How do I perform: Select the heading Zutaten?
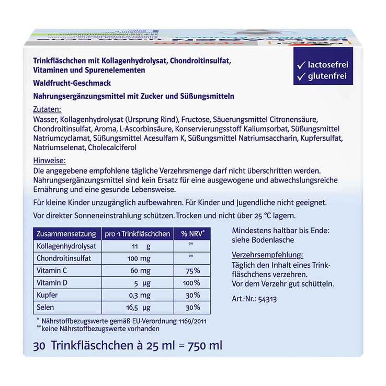click(x=47, y=110)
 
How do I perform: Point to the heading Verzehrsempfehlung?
click(x=267, y=255)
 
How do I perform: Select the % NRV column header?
click(x=192, y=233)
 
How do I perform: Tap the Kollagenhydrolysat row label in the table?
click(x=66, y=246)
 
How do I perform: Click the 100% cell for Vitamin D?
click(x=192, y=283)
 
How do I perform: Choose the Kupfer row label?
click(x=47, y=295)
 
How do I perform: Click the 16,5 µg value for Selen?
click(x=139, y=308)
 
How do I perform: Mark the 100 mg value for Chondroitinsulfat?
click(x=138, y=258)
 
